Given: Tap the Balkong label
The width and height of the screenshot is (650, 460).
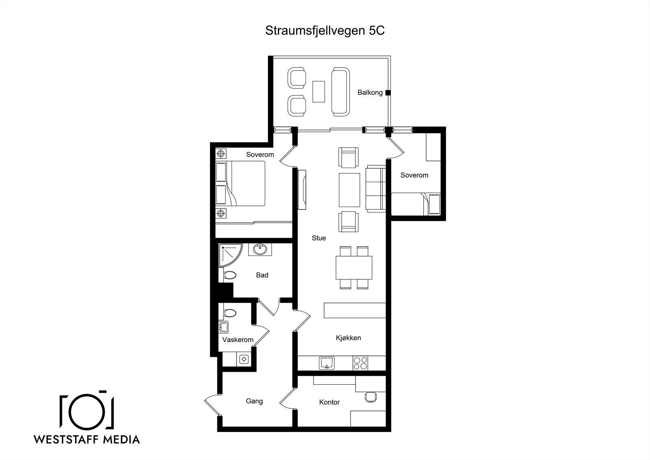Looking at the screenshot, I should [370, 93].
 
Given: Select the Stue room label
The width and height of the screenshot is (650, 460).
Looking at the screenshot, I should [318, 238].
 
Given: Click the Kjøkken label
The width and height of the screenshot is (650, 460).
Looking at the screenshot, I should [348, 338].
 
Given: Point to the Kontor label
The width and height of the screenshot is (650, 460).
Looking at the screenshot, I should [329, 402].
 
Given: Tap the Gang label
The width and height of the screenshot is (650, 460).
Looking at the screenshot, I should [254, 401].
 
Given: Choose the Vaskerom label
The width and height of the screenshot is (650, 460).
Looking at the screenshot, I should [238, 340].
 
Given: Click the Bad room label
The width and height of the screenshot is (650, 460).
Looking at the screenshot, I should [262, 275].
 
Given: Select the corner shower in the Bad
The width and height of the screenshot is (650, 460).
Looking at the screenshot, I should [229, 255].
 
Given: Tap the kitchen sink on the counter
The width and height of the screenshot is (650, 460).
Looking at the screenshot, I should [326, 363].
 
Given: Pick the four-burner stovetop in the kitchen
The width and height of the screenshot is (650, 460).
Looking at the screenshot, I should [360, 363].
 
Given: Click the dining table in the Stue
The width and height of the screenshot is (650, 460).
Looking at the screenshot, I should [354, 268].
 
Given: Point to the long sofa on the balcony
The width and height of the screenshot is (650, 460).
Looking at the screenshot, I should [340, 92].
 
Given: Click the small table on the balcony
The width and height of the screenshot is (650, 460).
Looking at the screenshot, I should [318, 92].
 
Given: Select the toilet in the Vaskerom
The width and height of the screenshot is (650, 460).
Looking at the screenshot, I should [229, 314].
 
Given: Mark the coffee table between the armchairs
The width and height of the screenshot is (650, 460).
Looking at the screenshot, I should [349, 190].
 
